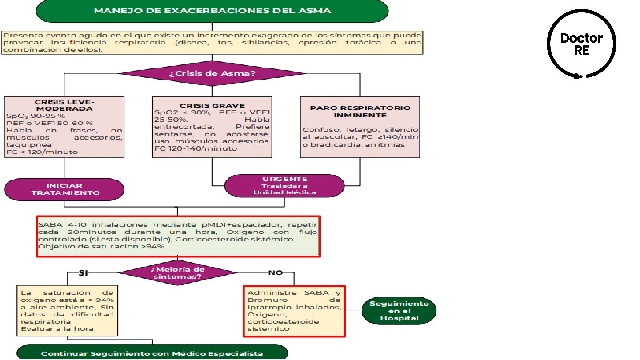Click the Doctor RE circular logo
click(x=581, y=44)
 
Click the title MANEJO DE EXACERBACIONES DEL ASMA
click(x=212, y=11)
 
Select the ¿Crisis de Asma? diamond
click(x=212, y=73)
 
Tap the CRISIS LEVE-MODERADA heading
click(x=64, y=105)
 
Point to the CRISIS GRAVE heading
click(x=212, y=105)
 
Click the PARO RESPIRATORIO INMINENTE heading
click(x=360, y=112)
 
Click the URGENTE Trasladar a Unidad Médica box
click(x=284, y=185)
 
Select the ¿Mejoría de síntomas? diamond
click(x=178, y=273)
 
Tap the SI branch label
click(x=83, y=273)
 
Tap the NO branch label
click(x=276, y=273)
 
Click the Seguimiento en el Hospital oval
click(x=399, y=311)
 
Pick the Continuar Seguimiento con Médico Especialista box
click(x=152, y=353)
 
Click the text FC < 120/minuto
click(x=42, y=152)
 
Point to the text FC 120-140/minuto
click(x=196, y=148)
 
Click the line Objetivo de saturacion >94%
click(x=101, y=247)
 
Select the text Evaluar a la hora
click(x=57, y=329)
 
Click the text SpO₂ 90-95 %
click(x=36, y=116)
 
